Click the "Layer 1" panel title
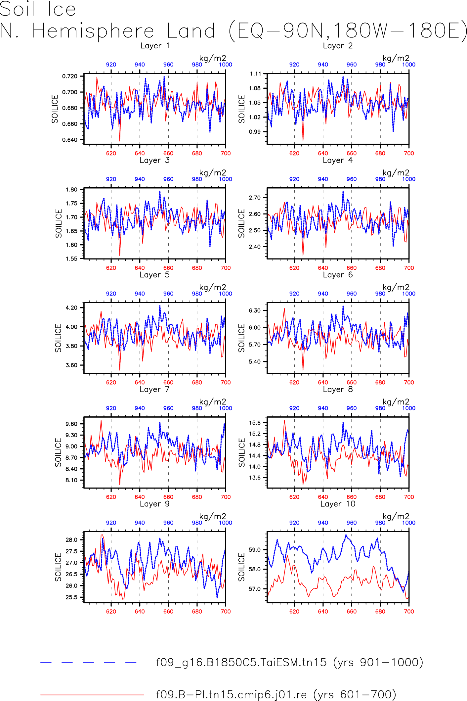tap(155, 46)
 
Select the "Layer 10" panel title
tap(338, 504)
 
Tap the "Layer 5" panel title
tap(154, 275)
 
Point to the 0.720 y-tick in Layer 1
tap(70, 76)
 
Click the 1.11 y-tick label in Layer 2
tap(255, 74)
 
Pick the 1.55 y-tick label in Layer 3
tap(71, 258)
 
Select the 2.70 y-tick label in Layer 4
tap(255, 198)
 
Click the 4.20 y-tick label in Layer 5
tap(71, 307)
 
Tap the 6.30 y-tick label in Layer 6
tap(255, 310)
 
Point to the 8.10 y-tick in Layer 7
tap(71, 480)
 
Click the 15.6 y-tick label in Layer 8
tap(255, 423)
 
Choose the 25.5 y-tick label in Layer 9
tap(71, 597)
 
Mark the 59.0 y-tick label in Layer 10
tap(255, 550)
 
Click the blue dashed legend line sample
tap(88, 663)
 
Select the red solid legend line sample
tap(92, 694)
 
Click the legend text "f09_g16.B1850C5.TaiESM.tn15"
tap(241, 663)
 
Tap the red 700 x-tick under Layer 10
tap(409, 611)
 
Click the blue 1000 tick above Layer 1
tap(226, 65)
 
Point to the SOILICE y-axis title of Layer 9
tap(58, 567)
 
